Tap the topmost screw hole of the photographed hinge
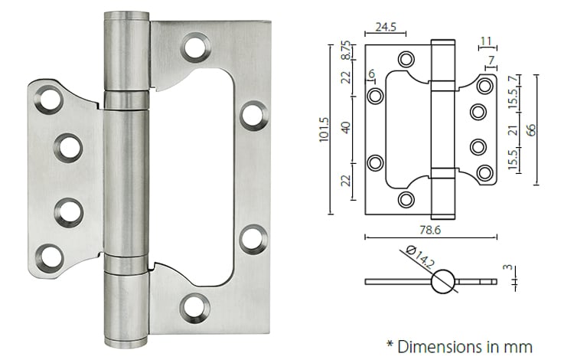coord(195,48)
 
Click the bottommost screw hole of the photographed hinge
coord(194,309)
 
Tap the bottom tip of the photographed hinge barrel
coord(127,342)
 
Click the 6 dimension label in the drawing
coord(371,74)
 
